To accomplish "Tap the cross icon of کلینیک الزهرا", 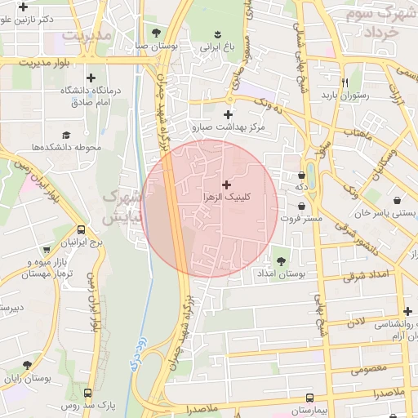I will [x=226, y=185].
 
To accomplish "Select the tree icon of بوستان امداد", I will [x=282, y=261].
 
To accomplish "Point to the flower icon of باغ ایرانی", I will [x=218, y=33].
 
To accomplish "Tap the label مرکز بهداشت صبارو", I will [x=229, y=127].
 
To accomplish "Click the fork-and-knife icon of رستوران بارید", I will [x=345, y=82].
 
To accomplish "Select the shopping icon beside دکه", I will [x=309, y=174].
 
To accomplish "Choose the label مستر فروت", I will [x=303, y=218].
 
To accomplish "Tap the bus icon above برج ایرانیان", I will [x=82, y=231].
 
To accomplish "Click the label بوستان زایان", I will [x=27, y=380].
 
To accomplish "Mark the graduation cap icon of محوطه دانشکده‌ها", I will [x=65, y=135].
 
